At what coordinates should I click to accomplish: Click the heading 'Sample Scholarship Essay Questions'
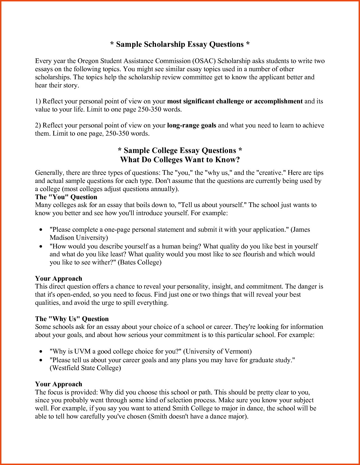point(180,44)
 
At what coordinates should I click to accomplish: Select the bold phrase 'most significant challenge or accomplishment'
point(235,101)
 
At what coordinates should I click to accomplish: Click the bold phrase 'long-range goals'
point(192,125)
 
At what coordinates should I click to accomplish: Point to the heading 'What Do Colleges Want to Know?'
point(180,160)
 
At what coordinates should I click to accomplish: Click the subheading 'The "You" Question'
point(66,197)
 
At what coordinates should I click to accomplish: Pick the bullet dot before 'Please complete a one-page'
point(41,230)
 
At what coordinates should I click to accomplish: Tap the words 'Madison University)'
point(79,238)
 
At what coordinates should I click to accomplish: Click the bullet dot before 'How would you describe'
point(41,247)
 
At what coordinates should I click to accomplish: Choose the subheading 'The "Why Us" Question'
point(72,319)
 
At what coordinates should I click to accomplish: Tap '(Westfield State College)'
point(85,368)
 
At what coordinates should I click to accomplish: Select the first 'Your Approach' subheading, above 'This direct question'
point(59,278)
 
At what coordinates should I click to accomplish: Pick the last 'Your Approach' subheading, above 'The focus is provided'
point(59,384)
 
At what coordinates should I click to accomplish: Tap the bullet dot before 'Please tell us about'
point(41,360)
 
